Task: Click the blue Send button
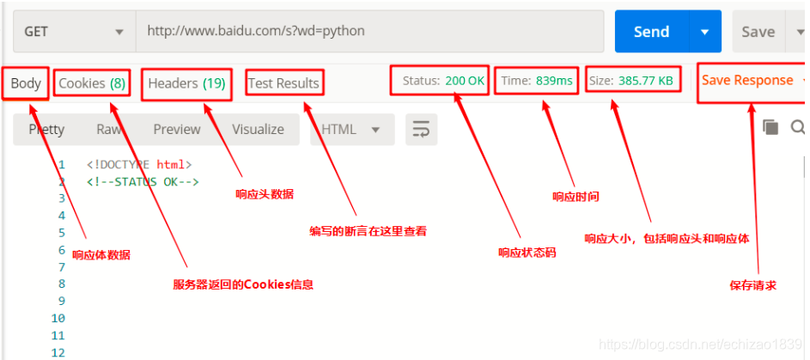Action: click(651, 32)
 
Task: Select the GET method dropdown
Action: click(74, 32)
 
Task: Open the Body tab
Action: click(26, 83)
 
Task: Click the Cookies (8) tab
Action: click(92, 83)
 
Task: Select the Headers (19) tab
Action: click(186, 83)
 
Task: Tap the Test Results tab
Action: click(283, 83)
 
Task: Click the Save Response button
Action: click(747, 80)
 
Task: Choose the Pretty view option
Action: click(46, 129)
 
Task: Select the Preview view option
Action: click(177, 129)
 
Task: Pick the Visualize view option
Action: click(258, 129)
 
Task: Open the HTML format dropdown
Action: click(350, 129)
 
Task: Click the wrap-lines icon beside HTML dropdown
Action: click(421, 129)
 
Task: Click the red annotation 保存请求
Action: click(753, 285)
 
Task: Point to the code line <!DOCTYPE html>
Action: click(139, 164)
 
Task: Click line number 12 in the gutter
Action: click(58, 353)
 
